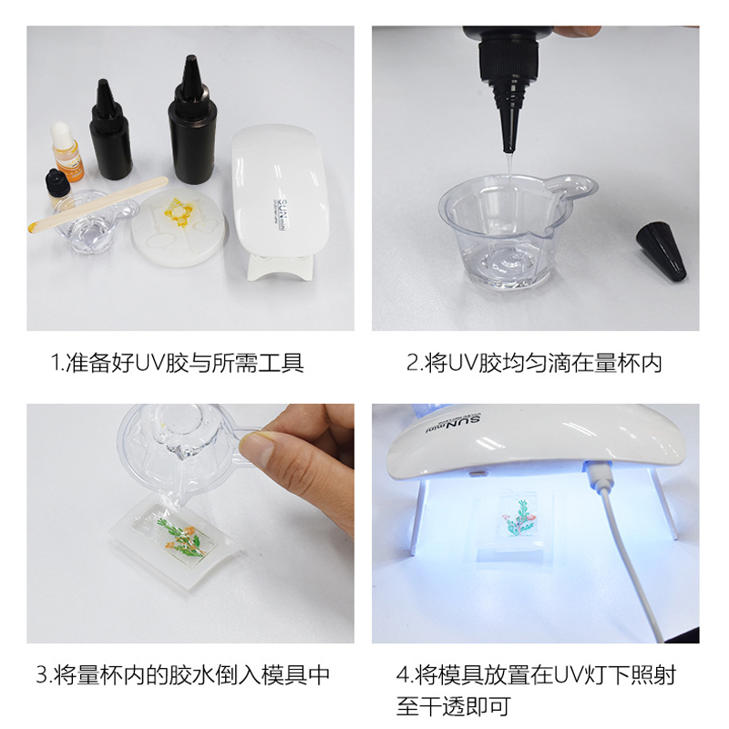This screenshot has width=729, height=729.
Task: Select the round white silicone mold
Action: [x=179, y=228]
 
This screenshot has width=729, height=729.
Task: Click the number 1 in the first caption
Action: [x=56, y=363]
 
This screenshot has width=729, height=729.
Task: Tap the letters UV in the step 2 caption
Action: [x=463, y=363]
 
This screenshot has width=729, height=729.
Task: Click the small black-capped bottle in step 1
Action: [x=56, y=189]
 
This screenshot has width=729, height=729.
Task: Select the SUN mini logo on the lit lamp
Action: [x=454, y=423]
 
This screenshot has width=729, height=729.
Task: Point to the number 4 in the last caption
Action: [x=402, y=675]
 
